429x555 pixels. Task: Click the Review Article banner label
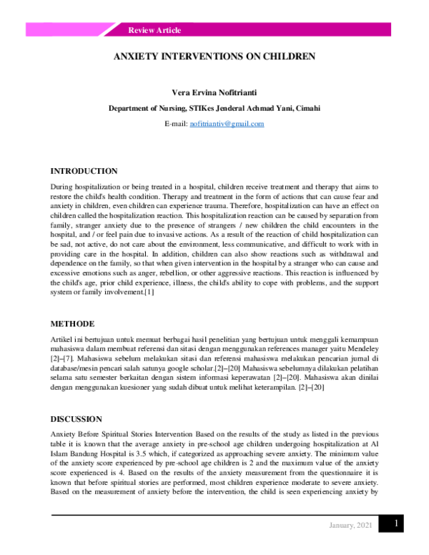point(154,30)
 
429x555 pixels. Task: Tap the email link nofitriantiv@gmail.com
point(227,124)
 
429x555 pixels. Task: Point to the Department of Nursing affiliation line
point(214,109)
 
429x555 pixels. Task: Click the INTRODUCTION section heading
point(84,172)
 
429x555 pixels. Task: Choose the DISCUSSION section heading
point(76,419)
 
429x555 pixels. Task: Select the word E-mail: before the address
point(176,124)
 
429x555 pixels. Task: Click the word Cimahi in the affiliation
point(306,109)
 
